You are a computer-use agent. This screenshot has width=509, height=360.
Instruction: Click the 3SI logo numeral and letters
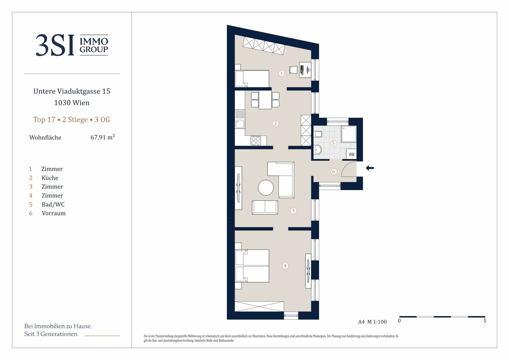pyautogui.click(x=55, y=45)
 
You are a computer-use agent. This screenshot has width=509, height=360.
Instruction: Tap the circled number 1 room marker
pyautogui.click(x=281, y=73)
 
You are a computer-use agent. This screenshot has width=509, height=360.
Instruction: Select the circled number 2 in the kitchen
pyautogui.click(x=275, y=124)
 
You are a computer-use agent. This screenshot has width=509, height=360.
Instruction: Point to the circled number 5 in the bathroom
pyautogui.click(x=333, y=143)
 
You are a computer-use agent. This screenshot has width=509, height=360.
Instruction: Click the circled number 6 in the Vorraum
pyautogui.click(x=333, y=172)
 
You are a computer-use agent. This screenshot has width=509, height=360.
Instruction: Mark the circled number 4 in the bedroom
pyautogui.click(x=285, y=266)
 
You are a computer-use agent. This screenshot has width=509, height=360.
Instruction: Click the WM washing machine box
pyautogui.click(x=351, y=154)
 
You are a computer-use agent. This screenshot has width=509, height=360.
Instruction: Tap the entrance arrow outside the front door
pyautogui.click(x=370, y=168)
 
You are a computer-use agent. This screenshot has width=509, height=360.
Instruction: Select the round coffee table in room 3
pyautogui.click(x=266, y=188)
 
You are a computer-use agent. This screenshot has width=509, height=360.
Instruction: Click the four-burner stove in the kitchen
pyautogui.click(x=255, y=141)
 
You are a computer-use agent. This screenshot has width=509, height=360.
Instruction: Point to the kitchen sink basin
pyautogui.click(x=240, y=124)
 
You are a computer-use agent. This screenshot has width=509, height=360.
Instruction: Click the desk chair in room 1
pyautogui.click(x=293, y=70)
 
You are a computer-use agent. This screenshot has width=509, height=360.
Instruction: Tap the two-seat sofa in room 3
pyautogui.click(x=265, y=207)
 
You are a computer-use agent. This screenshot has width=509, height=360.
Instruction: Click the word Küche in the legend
pyautogui.click(x=50, y=178)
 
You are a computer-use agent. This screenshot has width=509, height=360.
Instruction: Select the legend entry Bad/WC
pyautogui.click(x=53, y=204)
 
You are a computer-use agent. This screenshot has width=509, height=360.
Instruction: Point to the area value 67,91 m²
pyautogui.click(x=103, y=137)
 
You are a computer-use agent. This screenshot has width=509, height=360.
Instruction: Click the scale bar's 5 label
pyautogui.click(x=485, y=321)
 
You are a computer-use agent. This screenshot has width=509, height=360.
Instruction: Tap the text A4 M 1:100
pyautogui.click(x=372, y=322)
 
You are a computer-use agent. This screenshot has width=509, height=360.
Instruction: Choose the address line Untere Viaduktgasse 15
pyautogui.click(x=72, y=91)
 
